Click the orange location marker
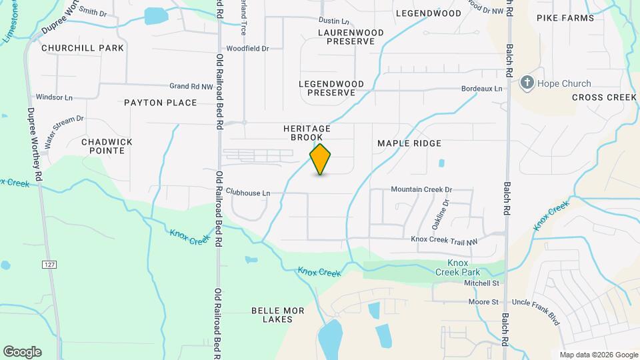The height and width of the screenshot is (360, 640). coord(320,159)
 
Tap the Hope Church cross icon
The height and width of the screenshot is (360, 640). coord(527,83)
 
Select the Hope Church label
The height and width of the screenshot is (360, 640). coord(564,84)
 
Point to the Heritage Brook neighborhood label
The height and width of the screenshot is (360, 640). coord(307,133)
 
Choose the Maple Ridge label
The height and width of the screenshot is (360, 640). coord(409,143)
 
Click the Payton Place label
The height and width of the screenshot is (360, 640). coord(161,103)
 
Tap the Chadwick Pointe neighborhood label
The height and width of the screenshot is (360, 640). coord(107,146)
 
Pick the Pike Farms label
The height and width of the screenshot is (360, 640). coord(565,18)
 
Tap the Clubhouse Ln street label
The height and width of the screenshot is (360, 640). coord(248,193)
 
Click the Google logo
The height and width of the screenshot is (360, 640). coord(22,352)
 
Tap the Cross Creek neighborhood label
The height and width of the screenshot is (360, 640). coord(604,97)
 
